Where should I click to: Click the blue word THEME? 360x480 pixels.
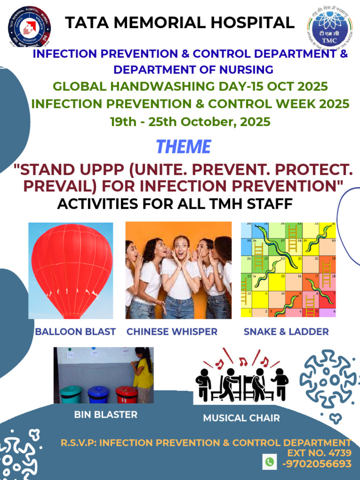pyautogui.click(x=183, y=147)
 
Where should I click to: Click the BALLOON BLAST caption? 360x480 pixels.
pyautogui.click(x=75, y=332)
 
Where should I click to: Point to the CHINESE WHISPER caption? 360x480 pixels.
pyautogui.click(x=172, y=332)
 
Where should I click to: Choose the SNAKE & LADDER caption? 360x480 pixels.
pyautogui.click(x=286, y=332)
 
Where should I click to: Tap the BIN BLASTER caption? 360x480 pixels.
pyautogui.click(x=106, y=415)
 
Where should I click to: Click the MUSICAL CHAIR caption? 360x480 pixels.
pyautogui.click(x=241, y=418)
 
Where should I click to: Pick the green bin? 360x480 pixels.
pyautogui.click(x=71, y=394)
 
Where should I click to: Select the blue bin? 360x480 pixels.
pyautogui.click(x=98, y=394)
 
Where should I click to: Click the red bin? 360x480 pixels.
pyautogui.click(x=126, y=394)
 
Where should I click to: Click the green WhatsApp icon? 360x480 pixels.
pyautogui.click(x=269, y=462)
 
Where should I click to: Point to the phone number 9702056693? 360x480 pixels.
pyautogui.click(x=317, y=464)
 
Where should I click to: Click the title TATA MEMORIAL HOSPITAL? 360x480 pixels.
pyautogui.click(x=180, y=22)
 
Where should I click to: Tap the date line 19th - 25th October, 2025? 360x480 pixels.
pyautogui.click(x=190, y=122)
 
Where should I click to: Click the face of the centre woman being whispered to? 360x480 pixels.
pyautogui.click(x=180, y=246)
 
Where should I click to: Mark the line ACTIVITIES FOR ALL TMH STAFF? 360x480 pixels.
pyautogui.click(x=175, y=204)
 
